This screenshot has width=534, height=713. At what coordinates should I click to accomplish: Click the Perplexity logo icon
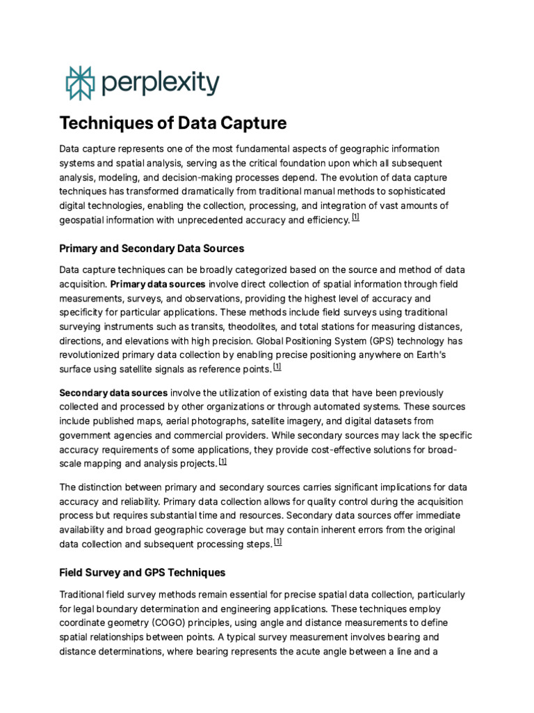78,84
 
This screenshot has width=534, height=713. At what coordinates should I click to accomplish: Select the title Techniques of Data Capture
172,124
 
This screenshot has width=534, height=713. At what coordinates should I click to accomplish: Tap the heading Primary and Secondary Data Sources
152,249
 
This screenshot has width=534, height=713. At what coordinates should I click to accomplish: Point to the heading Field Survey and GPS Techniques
143,572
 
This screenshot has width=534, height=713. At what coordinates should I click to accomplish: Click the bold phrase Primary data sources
158,284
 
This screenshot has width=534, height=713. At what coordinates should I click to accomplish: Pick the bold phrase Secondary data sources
113,393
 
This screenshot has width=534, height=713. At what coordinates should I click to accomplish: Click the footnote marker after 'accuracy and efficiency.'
355,218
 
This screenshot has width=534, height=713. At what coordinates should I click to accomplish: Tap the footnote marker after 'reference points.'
277,366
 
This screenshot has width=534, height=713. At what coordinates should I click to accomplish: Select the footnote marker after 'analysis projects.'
222,461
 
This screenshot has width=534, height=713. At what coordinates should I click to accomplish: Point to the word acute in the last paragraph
319,651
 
